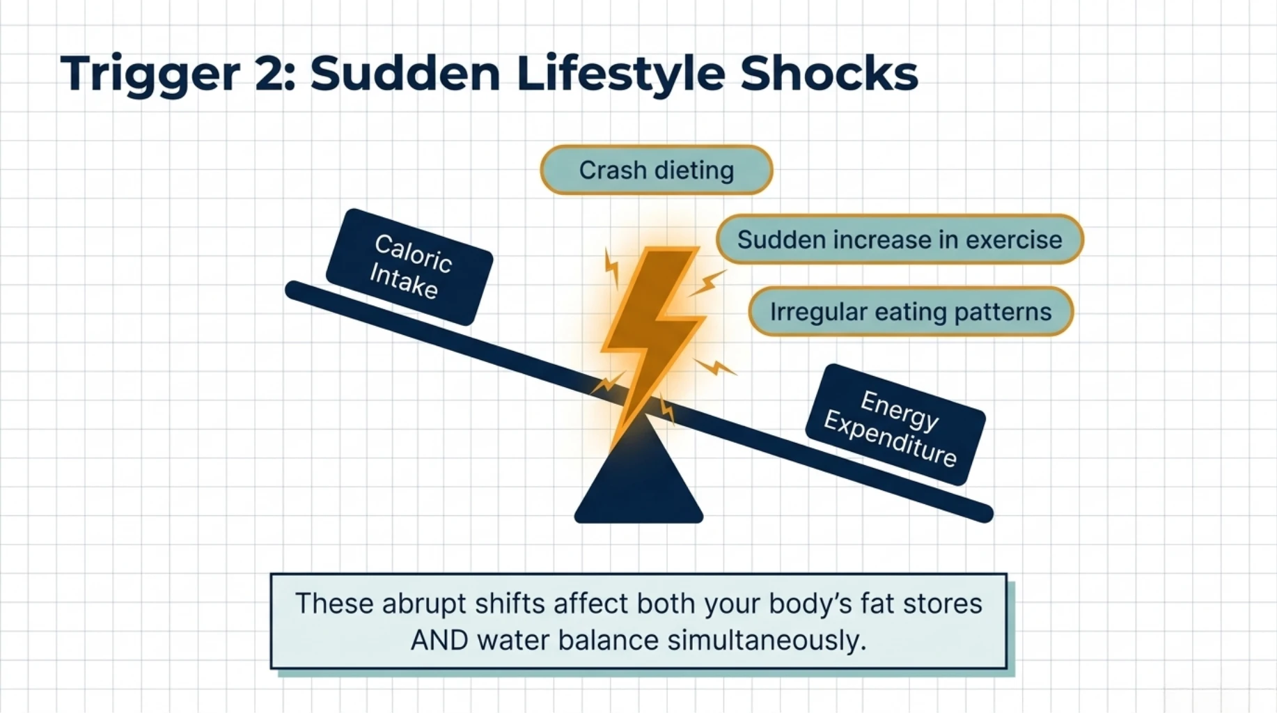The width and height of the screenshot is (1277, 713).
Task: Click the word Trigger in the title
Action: pos(150,75)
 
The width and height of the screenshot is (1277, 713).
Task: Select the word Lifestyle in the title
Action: pos(620,75)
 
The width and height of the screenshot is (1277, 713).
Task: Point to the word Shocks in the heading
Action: pos(829,73)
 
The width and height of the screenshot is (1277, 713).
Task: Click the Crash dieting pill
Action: pos(657,170)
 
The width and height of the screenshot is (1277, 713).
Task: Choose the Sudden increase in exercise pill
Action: pos(899,240)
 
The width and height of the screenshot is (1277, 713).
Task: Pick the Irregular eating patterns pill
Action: pos(910,312)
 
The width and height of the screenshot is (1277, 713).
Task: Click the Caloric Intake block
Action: pos(409,267)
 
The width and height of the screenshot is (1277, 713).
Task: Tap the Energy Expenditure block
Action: pos(895,425)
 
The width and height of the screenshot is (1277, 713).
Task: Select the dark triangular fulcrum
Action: pos(638,480)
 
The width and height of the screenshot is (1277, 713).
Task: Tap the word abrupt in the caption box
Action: pos(424,604)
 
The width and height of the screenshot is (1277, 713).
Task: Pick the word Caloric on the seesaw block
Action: pos(414,253)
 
